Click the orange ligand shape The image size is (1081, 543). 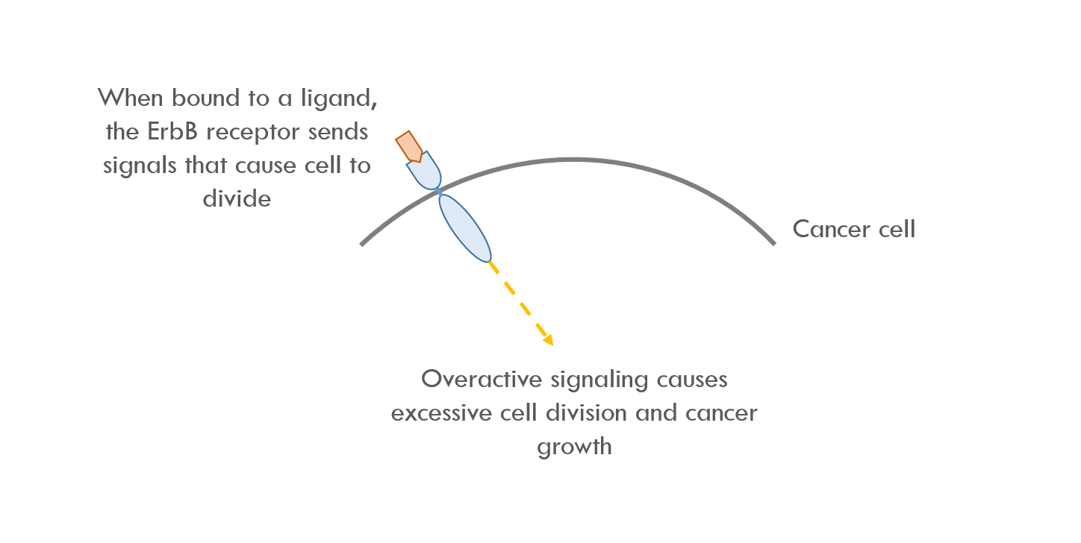[x=409, y=146]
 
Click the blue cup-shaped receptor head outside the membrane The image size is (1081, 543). [x=425, y=172]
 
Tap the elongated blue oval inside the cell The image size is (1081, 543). [x=465, y=228]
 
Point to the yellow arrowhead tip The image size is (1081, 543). [x=553, y=346]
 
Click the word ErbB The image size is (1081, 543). [x=172, y=131]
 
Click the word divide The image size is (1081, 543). [x=237, y=198]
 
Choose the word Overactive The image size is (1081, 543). [x=482, y=379]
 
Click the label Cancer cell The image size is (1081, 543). [x=854, y=229]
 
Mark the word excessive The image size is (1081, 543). [x=441, y=413]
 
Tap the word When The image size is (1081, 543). [x=131, y=98]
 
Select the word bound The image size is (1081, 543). [x=206, y=98]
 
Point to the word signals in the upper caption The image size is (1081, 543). [x=140, y=166]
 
